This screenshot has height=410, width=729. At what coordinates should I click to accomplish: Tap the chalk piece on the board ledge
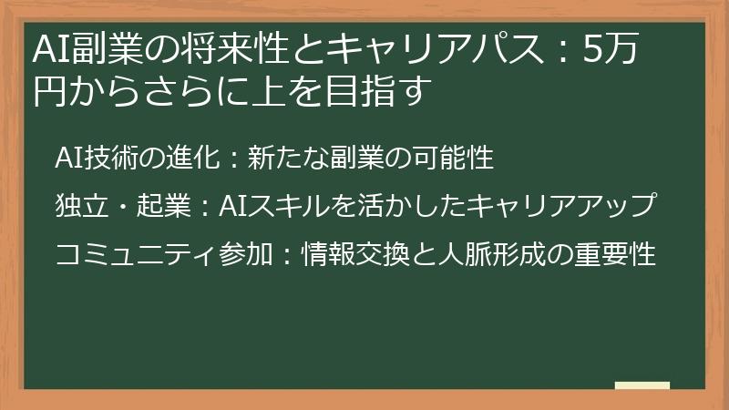(x=643, y=384)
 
